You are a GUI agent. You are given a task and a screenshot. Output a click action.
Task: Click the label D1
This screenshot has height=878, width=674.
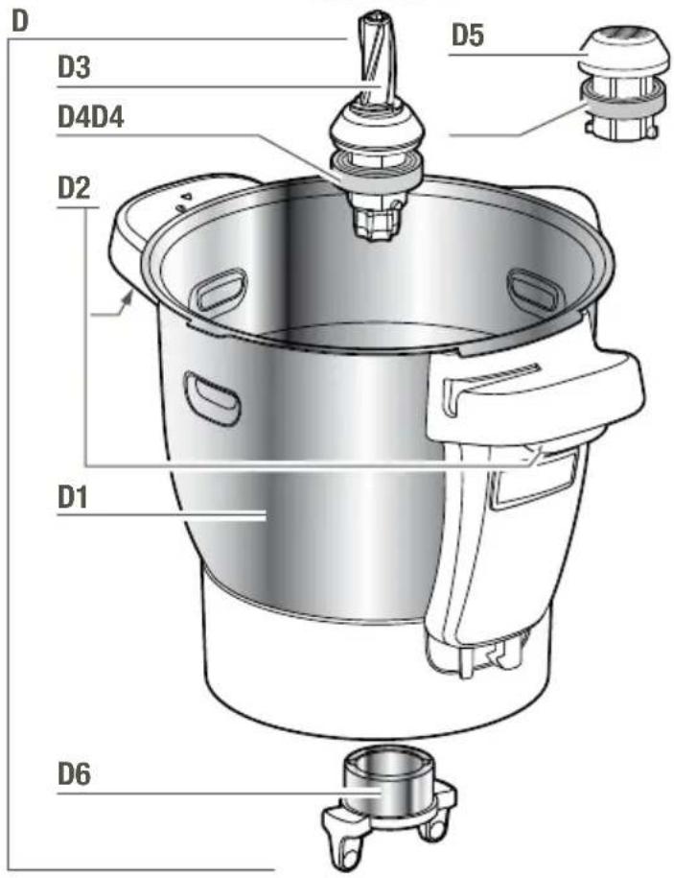(x=73, y=497)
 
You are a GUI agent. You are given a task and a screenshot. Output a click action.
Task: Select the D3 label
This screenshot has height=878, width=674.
(x=74, y=67)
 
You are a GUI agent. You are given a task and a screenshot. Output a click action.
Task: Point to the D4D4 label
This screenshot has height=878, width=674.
(x=91, y=118)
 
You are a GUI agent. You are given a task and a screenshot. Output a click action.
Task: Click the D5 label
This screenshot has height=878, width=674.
(x=468, y=36)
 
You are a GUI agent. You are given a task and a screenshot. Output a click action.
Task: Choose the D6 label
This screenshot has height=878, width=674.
(x=74, y=773)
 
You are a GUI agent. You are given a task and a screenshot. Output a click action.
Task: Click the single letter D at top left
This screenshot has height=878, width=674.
(x=20, y=21)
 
